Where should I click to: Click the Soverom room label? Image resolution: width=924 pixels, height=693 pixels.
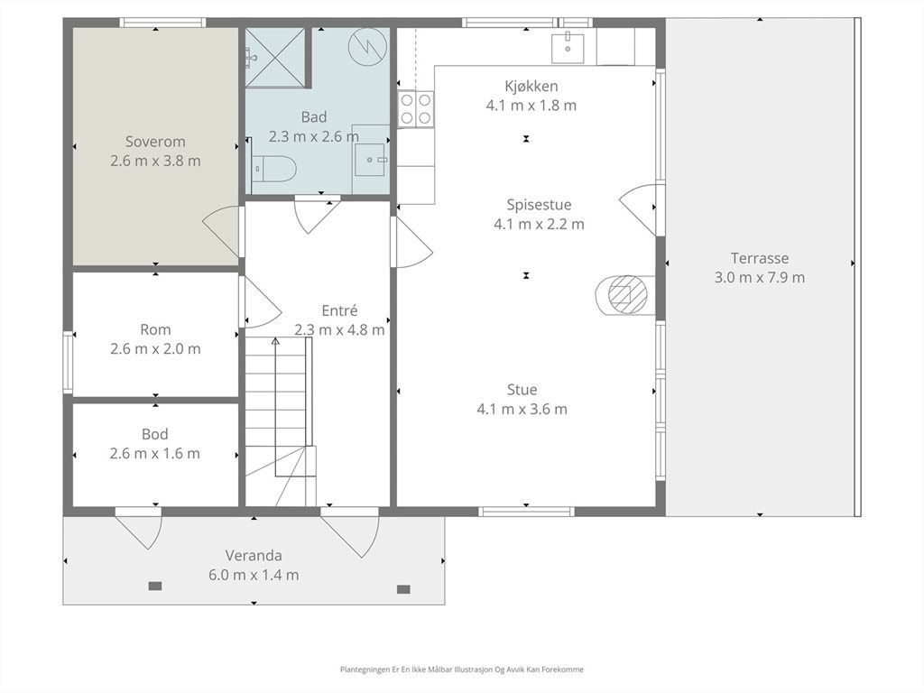[x=155, y=142]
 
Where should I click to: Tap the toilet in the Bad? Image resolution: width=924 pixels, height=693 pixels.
[x=273, y=170]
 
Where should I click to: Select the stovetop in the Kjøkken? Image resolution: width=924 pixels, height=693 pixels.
[x=415, y=109]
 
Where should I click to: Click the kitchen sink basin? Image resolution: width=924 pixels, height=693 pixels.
[x=568, y=49]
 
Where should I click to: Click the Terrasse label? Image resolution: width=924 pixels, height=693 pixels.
[x=760, y=258]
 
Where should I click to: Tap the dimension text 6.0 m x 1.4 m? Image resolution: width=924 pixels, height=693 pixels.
[x=254, y=575]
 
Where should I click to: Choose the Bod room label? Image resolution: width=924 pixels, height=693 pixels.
[x=155, y=434]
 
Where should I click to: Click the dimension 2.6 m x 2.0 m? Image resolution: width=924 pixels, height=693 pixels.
[x=155, y=349]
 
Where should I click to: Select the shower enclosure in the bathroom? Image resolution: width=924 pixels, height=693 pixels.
[x=276, y=57]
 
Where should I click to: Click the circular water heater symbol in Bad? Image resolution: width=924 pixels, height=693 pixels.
[x=368, y=47]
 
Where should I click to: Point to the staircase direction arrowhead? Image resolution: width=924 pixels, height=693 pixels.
[x=274, y=340]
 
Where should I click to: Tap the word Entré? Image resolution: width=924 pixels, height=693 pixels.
[x=339, y=310]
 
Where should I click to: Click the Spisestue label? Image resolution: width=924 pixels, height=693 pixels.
[x=539, y=205]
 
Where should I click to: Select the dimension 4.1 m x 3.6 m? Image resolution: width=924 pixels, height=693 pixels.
[x=522, y=409]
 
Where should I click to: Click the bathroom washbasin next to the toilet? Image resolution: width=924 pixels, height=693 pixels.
[x=371, y=159]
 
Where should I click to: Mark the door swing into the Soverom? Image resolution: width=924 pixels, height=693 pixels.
[x=221, y=232]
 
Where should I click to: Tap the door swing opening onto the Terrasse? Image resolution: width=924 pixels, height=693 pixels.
[x=639, y=209]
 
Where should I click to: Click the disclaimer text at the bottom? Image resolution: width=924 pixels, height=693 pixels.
[x=461, y=670]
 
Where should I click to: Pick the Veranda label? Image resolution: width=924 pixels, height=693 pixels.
[x=254, y=556]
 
